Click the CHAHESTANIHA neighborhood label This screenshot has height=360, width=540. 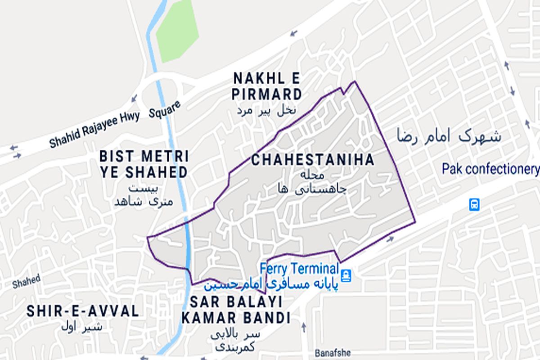(312, 160)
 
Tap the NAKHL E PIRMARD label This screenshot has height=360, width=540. (267, 86)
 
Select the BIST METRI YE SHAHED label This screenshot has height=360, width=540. (144, 164)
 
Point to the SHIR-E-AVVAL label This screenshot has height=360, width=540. (83, 311)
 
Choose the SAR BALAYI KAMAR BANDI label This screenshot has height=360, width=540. (235, 310)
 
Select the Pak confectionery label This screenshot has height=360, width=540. (490, 169)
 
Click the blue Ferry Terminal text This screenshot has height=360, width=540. (299, 269)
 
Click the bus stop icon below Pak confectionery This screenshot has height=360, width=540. (474, 205)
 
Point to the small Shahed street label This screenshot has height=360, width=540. (26, 282)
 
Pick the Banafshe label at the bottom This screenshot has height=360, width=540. (333, 353)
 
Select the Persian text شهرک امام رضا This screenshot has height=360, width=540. (449, 136)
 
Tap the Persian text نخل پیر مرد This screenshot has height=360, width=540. (266, 111)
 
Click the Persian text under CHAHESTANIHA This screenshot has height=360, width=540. (312, 182)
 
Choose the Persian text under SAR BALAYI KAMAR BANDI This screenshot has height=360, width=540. (235, 341)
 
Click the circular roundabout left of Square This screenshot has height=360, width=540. (153, 96)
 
